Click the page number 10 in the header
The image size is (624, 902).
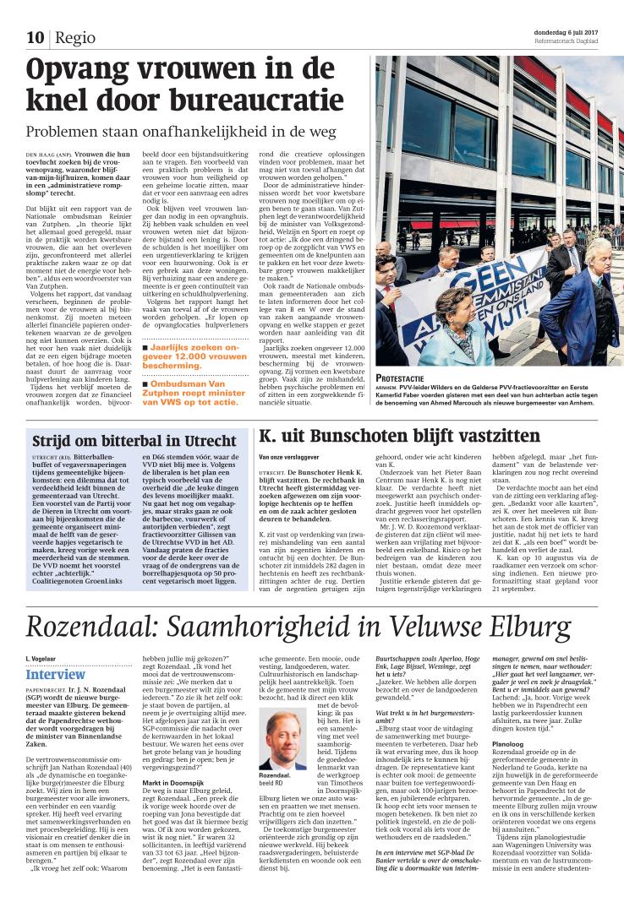pyautogui.click(x=35, y=37)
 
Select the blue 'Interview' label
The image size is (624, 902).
pyautogui.click(x=55, y=675)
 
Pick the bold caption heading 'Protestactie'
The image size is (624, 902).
pyautogui.click(x=401, y=378)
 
